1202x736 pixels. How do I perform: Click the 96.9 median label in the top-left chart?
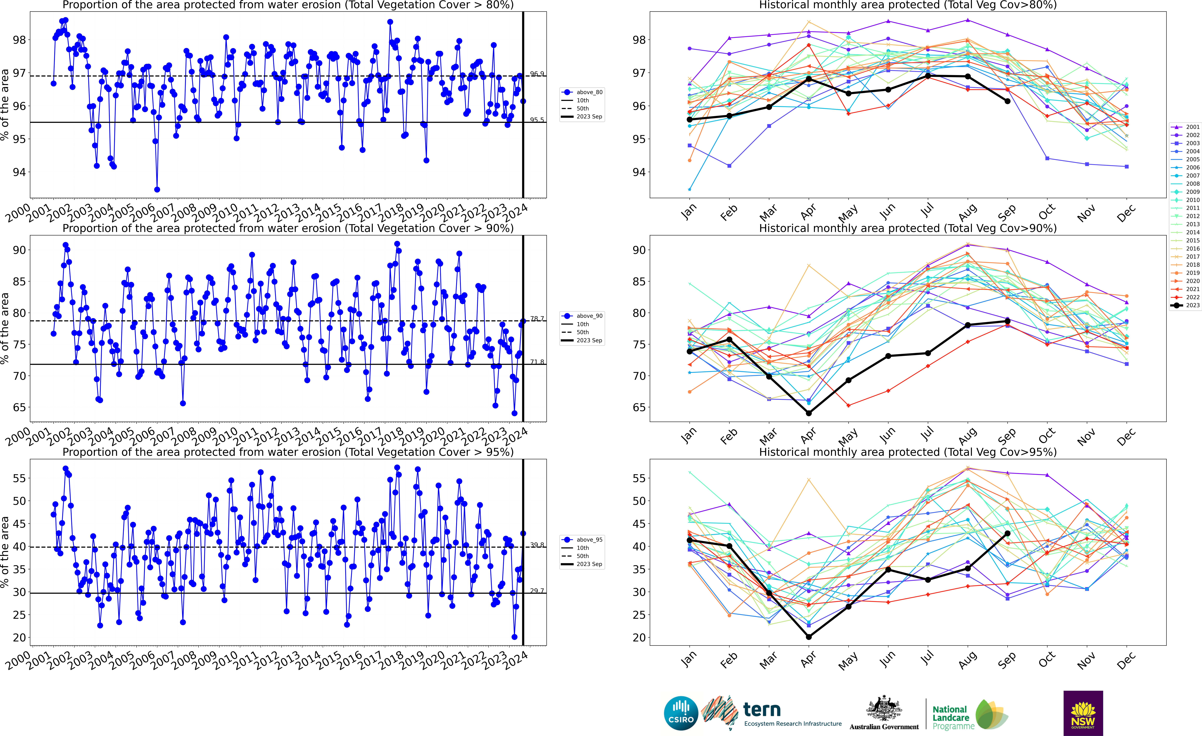click(537, 74)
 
